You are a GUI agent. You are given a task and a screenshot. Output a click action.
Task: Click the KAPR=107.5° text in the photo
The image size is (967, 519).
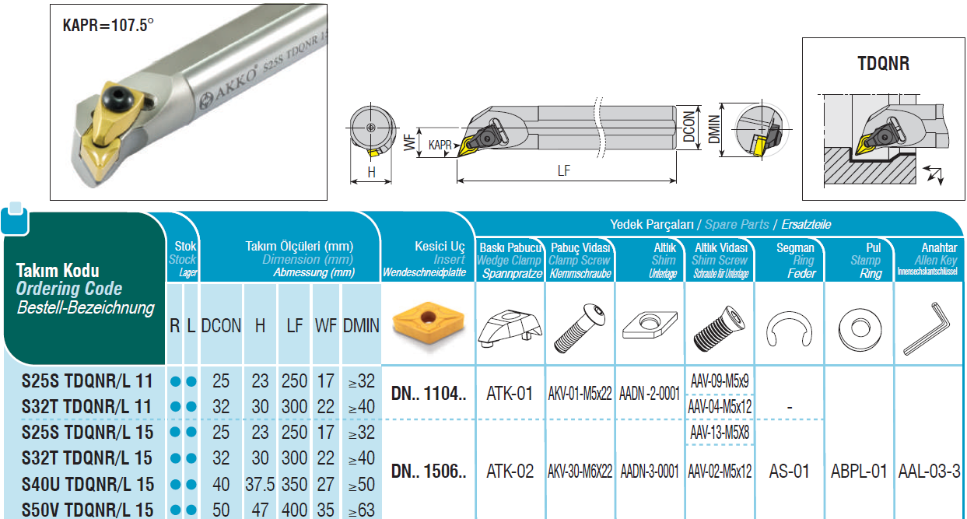coord(108,25)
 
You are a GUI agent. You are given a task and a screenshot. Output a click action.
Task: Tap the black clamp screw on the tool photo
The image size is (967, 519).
coord(117,97)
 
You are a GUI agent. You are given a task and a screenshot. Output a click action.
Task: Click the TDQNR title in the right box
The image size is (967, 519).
coord(883,64)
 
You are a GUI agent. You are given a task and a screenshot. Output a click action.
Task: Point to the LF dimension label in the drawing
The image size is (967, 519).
coord(564,170)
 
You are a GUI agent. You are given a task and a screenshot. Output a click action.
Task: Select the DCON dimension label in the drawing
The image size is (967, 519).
coord(689,127)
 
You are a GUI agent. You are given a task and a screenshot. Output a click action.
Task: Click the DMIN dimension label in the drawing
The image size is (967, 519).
coord(714,129)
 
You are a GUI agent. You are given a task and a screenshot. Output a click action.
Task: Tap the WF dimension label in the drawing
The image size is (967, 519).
coord(409,142)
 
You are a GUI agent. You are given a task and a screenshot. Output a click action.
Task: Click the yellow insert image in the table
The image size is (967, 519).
coord(428,324)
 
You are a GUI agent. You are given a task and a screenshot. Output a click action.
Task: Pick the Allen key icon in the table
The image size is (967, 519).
coord(927,328)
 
